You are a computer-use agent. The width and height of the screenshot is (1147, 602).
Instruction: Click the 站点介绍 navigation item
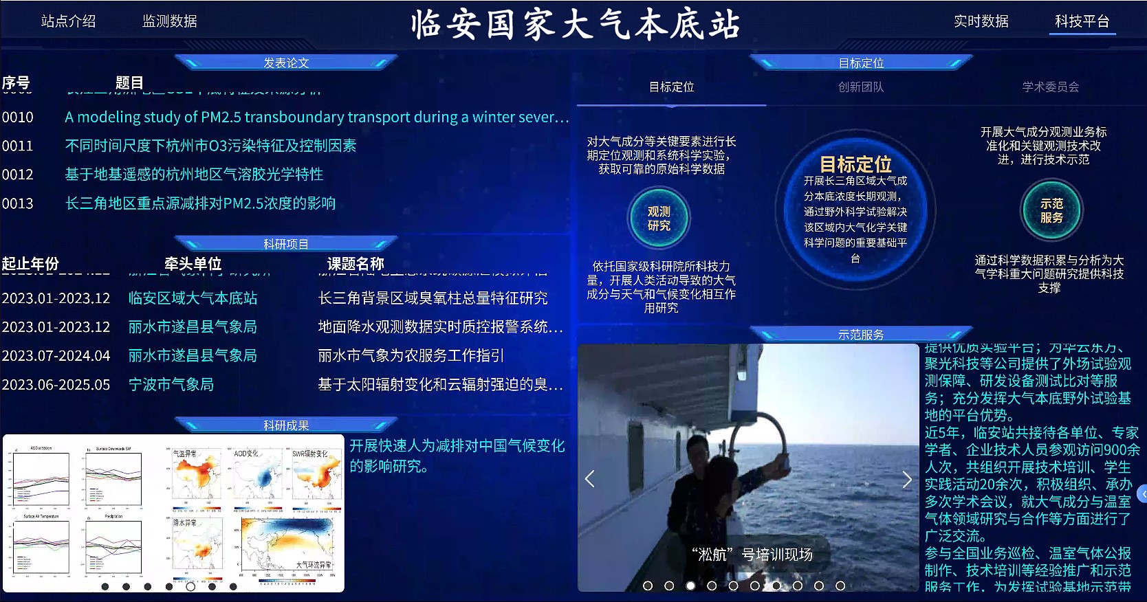(x=68, y=21)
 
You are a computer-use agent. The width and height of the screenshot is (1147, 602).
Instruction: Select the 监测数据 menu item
(x=169, y=21)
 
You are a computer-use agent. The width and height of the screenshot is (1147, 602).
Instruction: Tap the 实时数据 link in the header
(x=981, y=21)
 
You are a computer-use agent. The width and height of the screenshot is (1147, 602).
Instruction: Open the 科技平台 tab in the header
(x=1082, y=21)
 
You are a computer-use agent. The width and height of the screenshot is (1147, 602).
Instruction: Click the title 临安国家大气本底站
(x=575, y=25)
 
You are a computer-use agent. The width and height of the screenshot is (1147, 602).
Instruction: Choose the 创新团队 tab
(x=861, y=87)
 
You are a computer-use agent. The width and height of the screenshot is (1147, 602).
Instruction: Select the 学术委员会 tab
(x=1050, y=87)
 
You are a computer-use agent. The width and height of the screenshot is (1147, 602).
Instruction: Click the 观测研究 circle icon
(x=659, y=219)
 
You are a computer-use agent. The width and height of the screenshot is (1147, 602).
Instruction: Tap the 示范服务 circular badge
(x=1051, y=210)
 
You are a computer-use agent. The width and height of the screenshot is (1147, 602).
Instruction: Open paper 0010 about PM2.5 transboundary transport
(x=316, y=118)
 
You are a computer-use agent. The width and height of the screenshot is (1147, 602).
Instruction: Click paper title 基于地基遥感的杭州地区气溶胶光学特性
(x=194, y=175)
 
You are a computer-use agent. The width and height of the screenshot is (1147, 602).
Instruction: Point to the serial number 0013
(x=17, y=203)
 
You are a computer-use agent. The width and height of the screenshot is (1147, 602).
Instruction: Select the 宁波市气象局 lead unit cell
(x=171, y=385)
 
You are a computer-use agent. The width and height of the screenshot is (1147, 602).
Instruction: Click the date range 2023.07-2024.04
(x=56, y=356)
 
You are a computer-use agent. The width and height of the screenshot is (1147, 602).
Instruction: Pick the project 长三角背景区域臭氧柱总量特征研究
(x=433, y=298)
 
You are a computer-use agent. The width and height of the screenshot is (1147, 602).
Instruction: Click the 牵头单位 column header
(x=193, y=264)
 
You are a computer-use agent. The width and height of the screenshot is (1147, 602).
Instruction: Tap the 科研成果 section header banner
(x=286, y=425)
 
